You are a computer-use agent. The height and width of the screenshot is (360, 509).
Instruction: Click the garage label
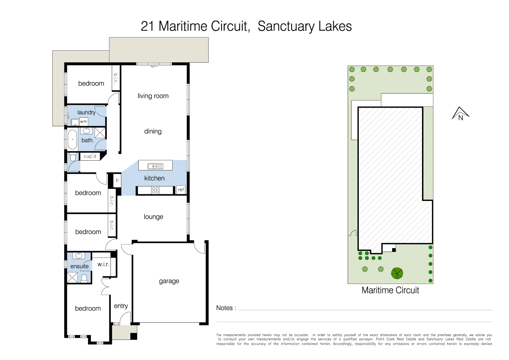click(x=169, y=281)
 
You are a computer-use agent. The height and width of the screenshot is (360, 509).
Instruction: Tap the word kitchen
click(x=154, y=178)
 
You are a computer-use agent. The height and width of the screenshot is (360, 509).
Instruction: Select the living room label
click(x=153, y=96)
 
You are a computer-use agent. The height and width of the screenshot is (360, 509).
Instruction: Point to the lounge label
click(x=153, y=217)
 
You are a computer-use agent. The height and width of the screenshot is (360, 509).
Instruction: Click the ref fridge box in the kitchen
click(x=181, y=190)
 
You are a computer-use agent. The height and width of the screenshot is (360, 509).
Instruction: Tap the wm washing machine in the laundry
click(x=84, y=121)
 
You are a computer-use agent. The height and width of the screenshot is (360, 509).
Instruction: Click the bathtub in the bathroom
click(x=72, y=139)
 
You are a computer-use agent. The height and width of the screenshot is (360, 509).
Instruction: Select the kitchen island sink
click(x=155, y=166)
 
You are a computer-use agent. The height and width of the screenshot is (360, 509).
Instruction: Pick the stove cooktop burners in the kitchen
click(x=155, y=190)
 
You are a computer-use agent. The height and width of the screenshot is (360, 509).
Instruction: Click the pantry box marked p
click(x=117, y=180)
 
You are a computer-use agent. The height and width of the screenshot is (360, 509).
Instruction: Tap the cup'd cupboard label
click(x=90, y=156)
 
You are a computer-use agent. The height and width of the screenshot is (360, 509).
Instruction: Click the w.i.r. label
click(x=103, y=264)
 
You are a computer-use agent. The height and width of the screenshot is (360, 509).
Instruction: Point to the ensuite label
click(x=80, y=266)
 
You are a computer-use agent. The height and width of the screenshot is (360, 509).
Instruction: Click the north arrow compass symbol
click(x=460, y=114)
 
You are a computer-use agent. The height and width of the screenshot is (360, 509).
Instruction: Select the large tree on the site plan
click(x=397, y=273)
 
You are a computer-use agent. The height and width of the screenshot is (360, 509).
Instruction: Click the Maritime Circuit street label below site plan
click(x=390, y=290)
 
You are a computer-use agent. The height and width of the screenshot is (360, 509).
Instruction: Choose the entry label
click(x=121, y=306)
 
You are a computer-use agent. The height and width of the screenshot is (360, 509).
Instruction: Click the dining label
click(x=153, y=131)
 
